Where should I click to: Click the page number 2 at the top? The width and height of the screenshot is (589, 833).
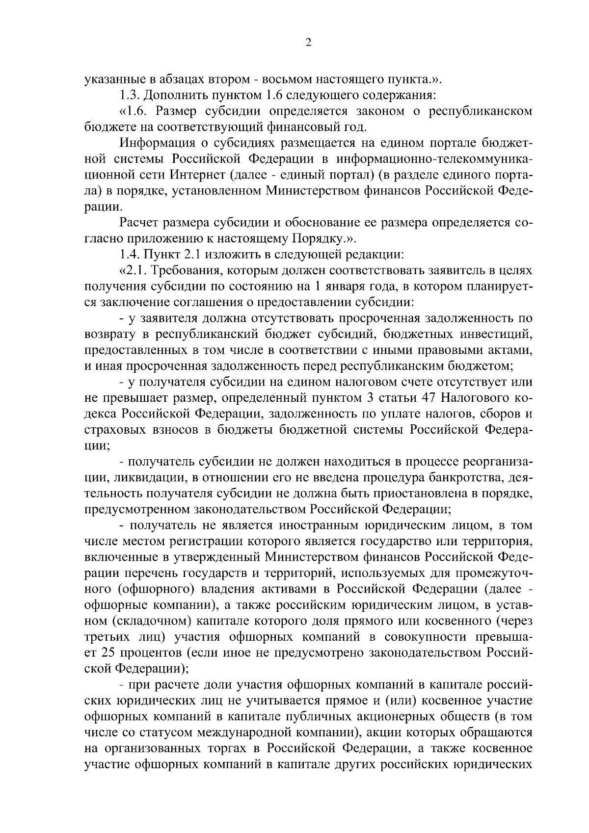pos(308,43)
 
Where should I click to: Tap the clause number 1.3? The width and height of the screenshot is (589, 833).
pos(130,95)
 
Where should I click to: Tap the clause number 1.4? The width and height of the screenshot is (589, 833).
pos(130,255)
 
